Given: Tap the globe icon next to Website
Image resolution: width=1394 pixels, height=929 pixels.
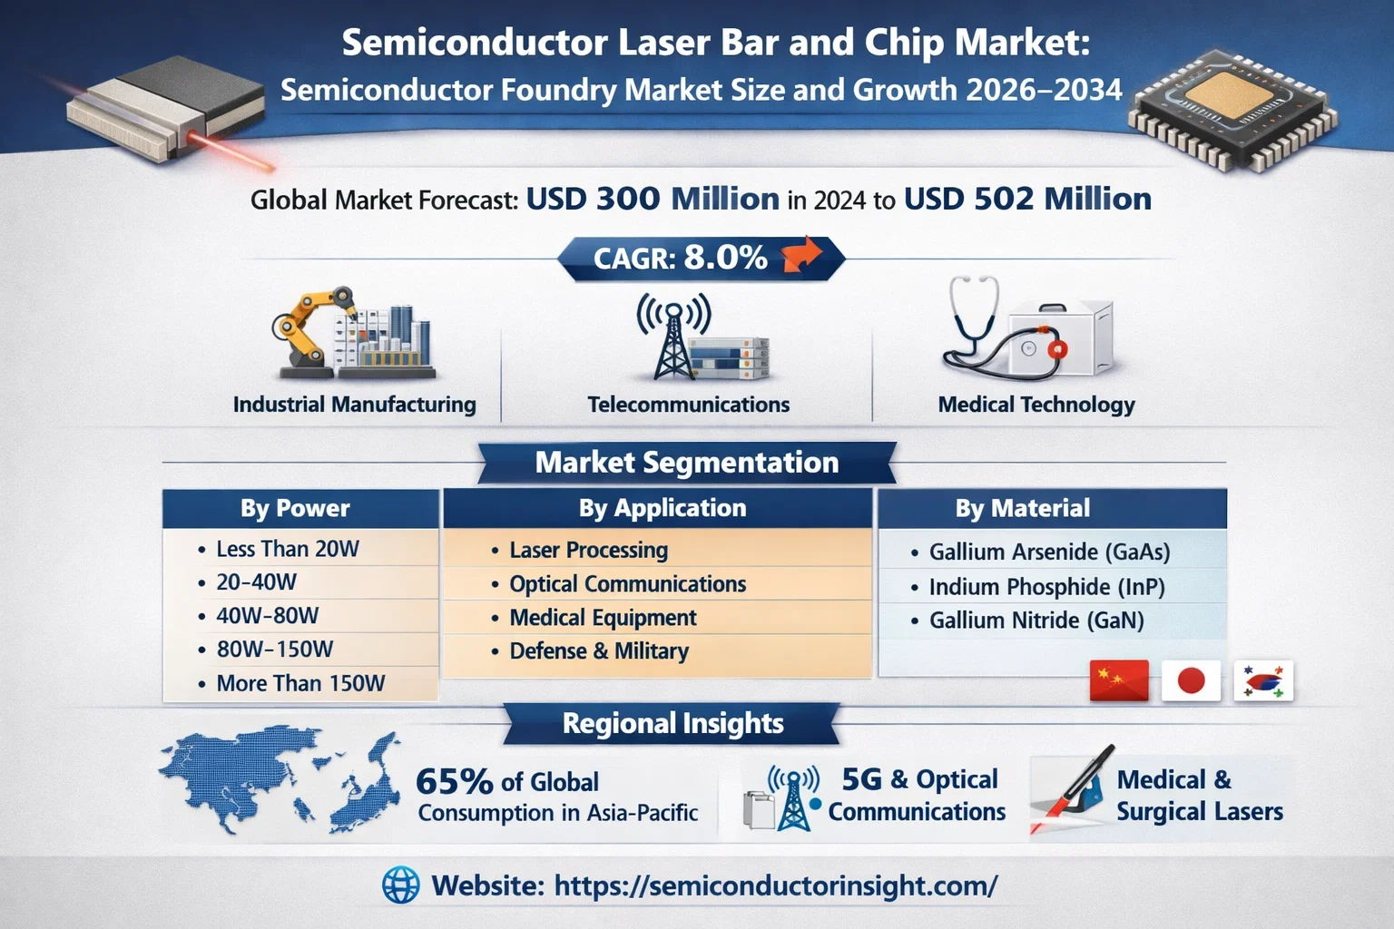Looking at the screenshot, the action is tap(401, 885).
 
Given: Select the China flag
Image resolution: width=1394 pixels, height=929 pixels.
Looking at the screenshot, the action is tap(1119, 680).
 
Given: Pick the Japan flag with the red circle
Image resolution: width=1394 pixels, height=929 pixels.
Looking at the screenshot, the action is tap(1191, 680).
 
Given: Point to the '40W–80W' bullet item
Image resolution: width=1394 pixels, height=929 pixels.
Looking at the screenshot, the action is tap(267, 616).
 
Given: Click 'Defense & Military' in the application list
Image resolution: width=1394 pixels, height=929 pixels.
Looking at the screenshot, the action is tap(599, 650).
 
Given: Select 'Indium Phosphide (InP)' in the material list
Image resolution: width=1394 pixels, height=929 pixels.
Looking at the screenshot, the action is tap(1046, 587).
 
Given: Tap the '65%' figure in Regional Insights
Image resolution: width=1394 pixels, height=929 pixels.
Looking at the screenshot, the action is tap(455, 781).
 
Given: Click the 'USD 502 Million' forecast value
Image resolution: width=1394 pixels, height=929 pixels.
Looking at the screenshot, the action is tap(1027, 199).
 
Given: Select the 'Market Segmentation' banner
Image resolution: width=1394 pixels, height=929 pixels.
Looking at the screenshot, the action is tap(687, 463).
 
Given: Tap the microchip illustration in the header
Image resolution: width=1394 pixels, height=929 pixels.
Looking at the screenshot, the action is tap(1232, 110).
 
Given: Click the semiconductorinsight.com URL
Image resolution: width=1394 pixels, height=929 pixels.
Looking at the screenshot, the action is tap(776, 885).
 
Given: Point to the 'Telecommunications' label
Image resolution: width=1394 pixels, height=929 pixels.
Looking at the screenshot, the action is tap(688, 405).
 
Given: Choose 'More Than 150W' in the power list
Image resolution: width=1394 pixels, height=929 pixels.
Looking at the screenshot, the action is tap(300, 683).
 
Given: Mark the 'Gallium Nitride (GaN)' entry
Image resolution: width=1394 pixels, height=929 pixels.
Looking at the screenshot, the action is tap(1036, 621).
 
